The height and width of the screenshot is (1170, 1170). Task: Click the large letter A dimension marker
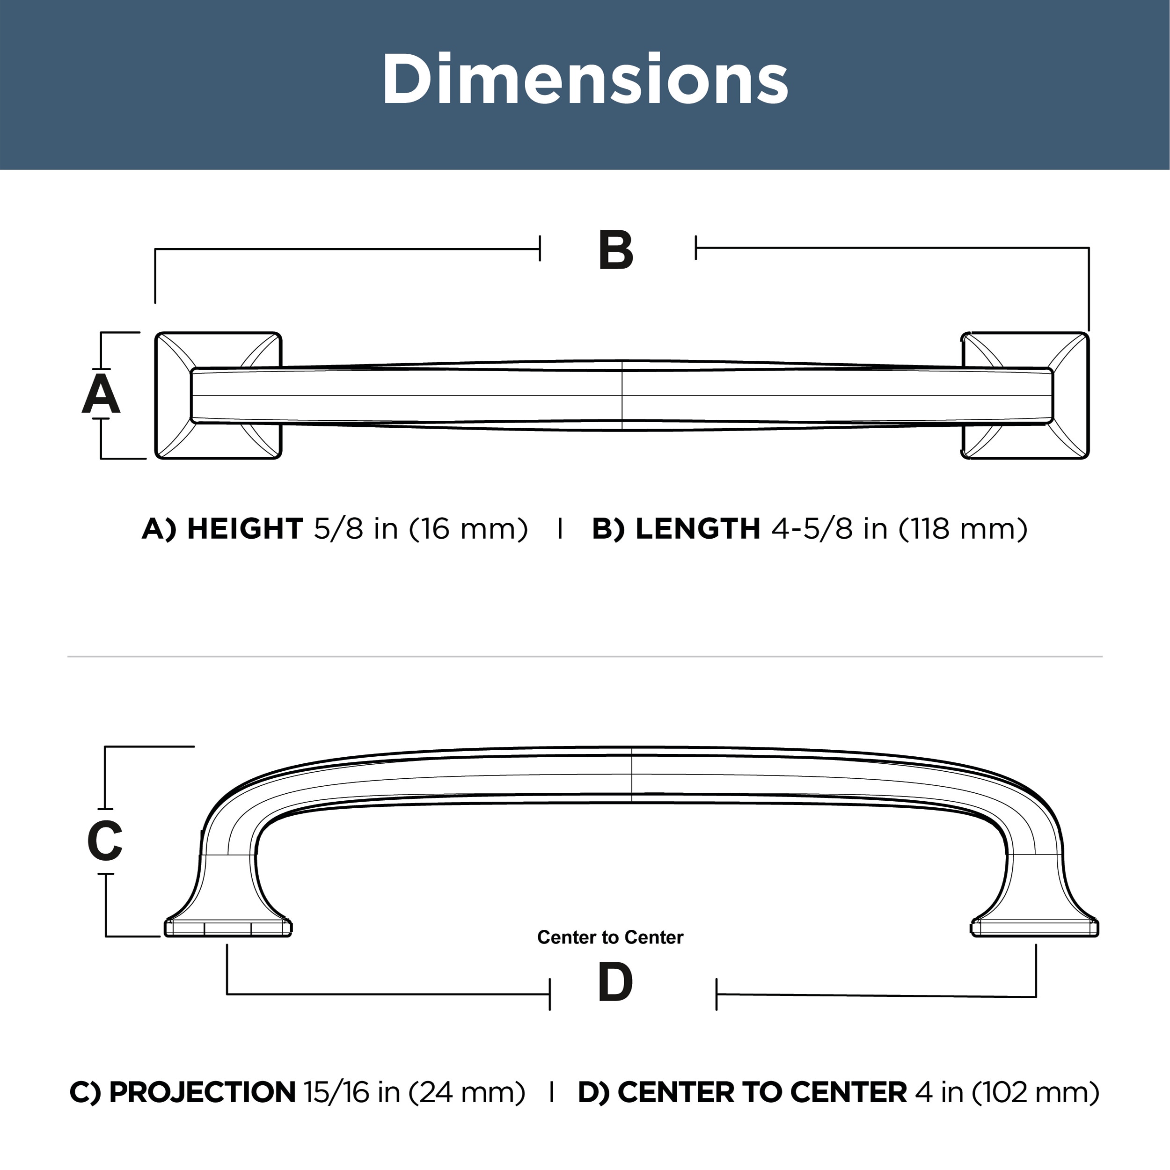pos(101,394)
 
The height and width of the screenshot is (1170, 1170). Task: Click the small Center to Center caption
pos(610,937)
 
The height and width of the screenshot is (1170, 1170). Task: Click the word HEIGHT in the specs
pos(245,529)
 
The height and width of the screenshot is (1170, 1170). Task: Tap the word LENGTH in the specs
pos(698,529)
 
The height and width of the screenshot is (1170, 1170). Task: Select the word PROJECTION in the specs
pos(202,1092)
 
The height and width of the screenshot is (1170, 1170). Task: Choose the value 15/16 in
pos(352,1092)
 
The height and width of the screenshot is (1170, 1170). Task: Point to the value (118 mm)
pos(963,529)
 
